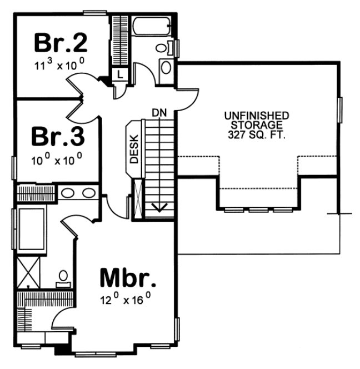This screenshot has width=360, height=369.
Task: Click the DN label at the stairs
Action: point(159,113)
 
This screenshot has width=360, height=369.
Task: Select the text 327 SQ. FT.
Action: point(256,134)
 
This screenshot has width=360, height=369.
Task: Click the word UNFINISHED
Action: point(256,116)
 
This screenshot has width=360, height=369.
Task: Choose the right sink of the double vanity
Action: point(88,194)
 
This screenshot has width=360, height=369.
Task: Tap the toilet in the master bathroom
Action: point(63,276)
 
